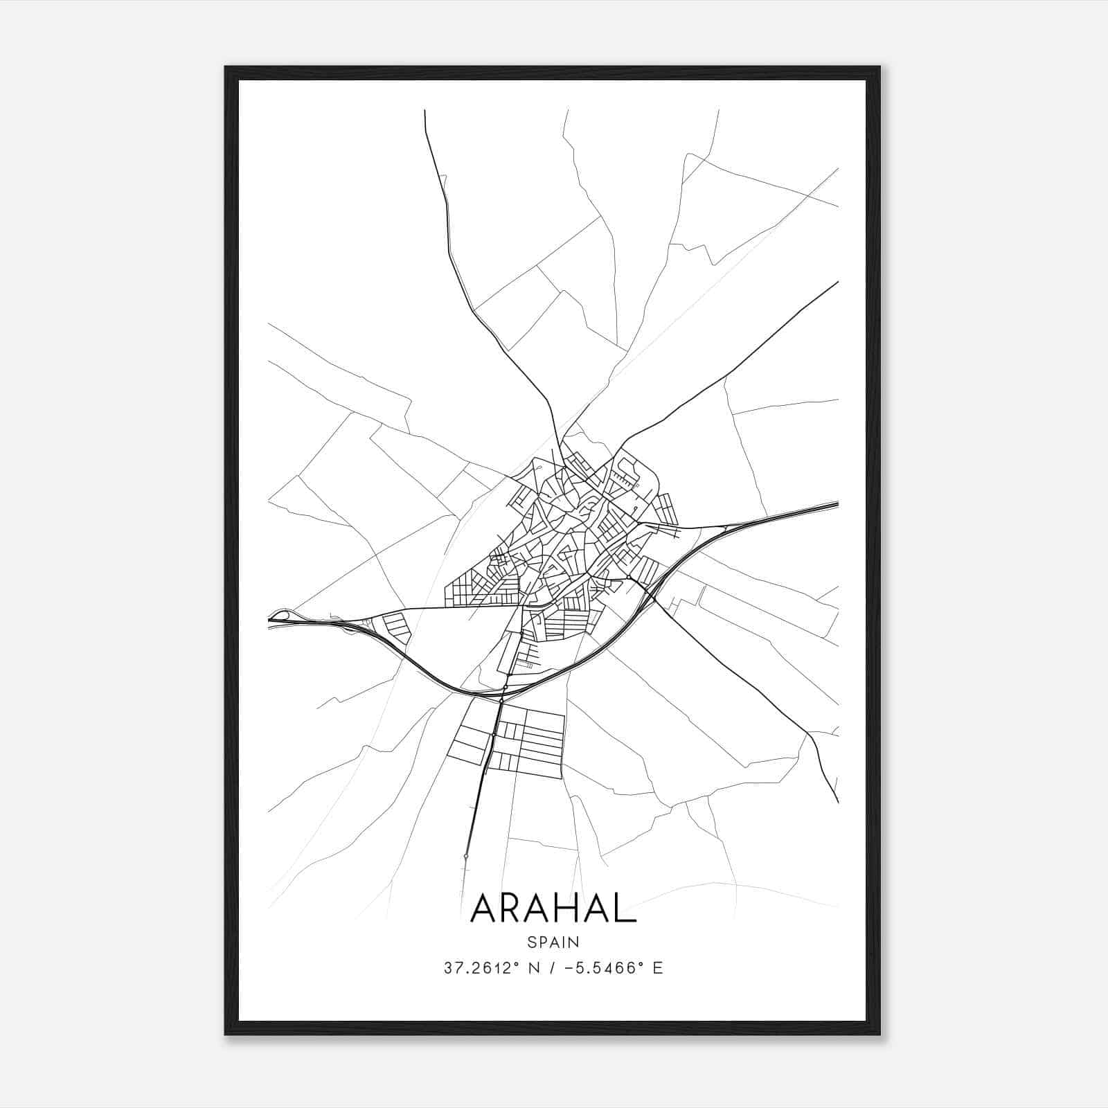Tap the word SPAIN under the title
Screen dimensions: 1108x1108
(553, 942)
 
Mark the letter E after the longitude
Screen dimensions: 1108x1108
(657, 968)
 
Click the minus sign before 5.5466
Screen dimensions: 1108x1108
(569, 968)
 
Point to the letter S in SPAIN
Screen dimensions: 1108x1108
(531, 942)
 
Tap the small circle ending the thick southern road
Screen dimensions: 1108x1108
(466, 857)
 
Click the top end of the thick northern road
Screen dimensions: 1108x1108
(425, 111)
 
